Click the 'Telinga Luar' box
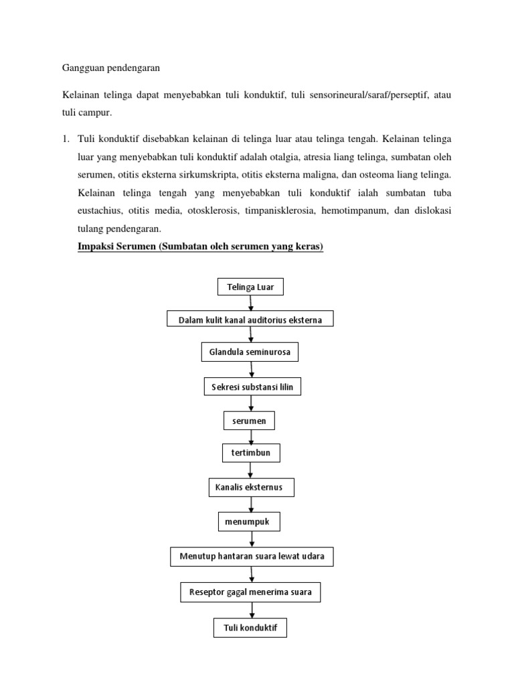click(x=250, y=287)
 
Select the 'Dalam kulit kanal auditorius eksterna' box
click(x=250, y=320)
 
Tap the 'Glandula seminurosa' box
click(x=250, y=352)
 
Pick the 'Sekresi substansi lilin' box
click(x=253, y=387)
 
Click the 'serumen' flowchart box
click(x=249, y=421)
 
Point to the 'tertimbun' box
click(x=250, y=454)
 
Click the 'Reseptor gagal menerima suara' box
click(x=250, y=592)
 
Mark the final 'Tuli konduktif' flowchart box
click(x=250, y=628)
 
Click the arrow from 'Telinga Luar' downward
click(x=251, y=303)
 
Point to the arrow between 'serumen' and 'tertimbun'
click(x=251, y=437)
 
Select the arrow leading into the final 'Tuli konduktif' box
click(x=252, y=610)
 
